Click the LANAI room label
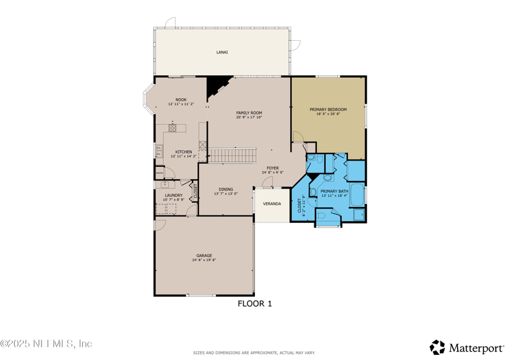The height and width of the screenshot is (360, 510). click(x=222, y=52)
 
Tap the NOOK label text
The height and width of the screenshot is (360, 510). click(x=181, y=99)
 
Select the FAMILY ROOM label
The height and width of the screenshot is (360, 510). click(x=249, y=113)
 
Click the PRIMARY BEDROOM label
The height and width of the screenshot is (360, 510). click(x=329, y=110)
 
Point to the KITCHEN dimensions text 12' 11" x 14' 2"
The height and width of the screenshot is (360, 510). click(x=184, y=156)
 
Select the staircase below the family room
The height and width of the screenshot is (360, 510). click(x=233, y=155)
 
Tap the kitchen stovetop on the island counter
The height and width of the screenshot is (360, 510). click(x=172, y=127)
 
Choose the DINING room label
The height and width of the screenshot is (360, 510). click(x=226, y=189)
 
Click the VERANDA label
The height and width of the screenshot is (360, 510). click(x=272, y=204)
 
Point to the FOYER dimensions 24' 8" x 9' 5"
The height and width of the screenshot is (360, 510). click(x=272, y=172)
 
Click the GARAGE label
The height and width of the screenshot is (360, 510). click(x=204, y=256)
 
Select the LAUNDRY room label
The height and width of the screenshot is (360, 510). click(x=173, y=196)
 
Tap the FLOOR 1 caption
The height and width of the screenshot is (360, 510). click(x=255, y=304)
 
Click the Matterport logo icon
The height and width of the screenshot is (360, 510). click(x=437, y=347)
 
